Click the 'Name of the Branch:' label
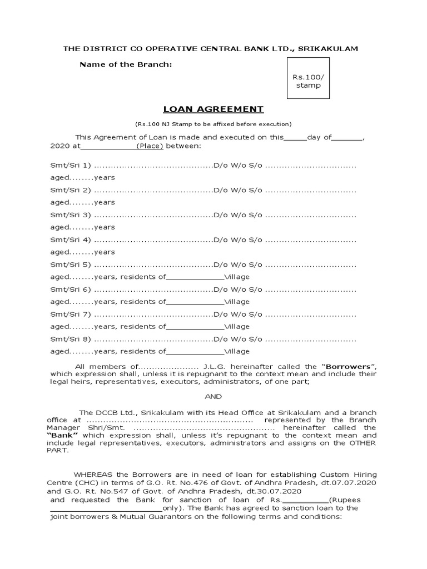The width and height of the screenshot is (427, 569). (x=126, y=64)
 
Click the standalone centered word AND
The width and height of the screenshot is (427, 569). (x=213, y=396)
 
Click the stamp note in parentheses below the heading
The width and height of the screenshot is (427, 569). (x=213, y=124)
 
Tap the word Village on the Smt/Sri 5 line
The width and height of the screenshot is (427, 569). (x=237, y=277)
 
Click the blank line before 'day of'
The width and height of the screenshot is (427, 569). (x=295, y=137)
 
